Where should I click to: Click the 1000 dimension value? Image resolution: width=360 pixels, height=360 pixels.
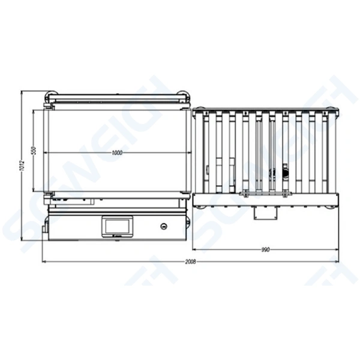coord(117,153)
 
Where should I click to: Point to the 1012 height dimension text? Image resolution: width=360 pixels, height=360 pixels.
coord(21,166)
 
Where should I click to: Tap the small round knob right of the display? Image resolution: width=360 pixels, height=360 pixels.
coord(164,226)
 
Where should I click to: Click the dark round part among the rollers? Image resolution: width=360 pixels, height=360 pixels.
coord(285,173)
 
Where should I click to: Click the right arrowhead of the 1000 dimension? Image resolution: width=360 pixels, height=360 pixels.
coord(187,153)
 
